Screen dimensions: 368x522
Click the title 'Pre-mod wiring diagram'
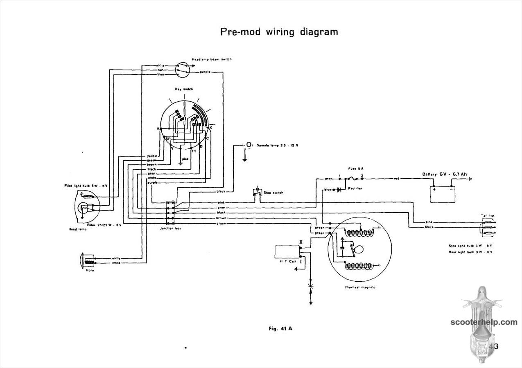[x=279, y=32]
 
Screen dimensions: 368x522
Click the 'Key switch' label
[x=184, y=89]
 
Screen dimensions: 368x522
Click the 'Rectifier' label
[x=355, y=188]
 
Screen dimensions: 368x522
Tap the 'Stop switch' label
[x=273, y=193]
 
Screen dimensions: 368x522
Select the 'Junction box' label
[x=170, y=228]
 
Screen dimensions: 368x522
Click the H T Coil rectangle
[x=287, y=252]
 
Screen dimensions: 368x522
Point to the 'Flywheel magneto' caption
[x=360, y=287]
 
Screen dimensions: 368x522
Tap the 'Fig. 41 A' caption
[x=280, y=328]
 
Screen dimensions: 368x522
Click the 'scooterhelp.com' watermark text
[x=484, y=322]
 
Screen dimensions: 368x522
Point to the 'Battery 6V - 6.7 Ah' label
[x=444, y=174]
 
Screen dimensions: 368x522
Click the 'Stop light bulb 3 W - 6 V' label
[x=470, y=246]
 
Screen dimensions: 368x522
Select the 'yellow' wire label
[x=151, y=156]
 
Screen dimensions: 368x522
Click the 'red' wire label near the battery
[x=396, y=179]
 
